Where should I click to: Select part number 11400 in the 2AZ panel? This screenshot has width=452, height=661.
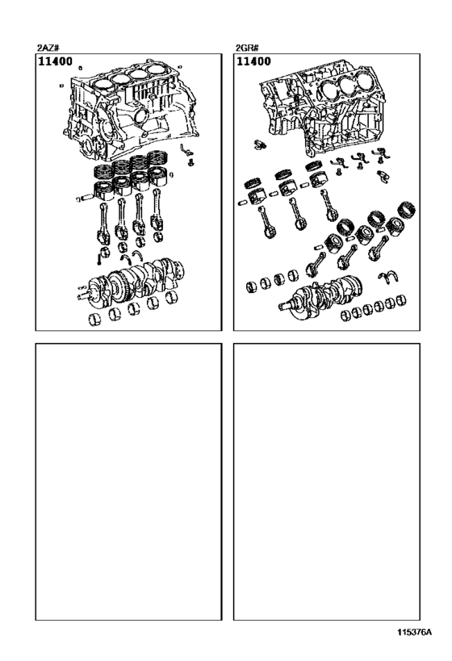coord(55,61)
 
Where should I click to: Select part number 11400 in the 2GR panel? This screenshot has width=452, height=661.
coord(253,61)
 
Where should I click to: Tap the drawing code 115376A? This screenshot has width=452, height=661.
coord(414,632)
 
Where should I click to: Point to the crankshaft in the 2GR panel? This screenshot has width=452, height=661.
coord(321,296)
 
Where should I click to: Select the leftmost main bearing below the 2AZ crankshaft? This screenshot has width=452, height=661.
coord(94,320)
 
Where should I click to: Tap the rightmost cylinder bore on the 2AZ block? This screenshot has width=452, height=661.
coord(157,69)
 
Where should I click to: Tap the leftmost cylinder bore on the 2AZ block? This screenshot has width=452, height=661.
coord(103,84)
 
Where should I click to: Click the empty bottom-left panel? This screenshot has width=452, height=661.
coord(128,482)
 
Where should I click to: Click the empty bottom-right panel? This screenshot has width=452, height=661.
coord(327,482)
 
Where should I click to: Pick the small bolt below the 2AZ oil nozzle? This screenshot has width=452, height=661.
coord(190,162)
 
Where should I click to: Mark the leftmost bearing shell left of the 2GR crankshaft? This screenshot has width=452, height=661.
coord(252,287)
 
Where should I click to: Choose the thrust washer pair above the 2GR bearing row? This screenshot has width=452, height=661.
coord(387,278)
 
